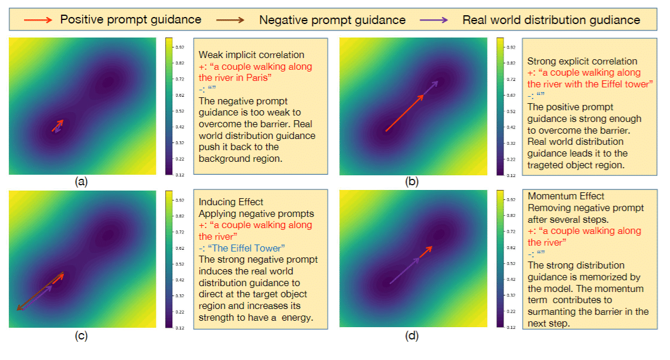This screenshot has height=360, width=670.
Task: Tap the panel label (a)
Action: [x=82, y=182]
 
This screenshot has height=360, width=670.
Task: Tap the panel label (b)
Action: [x=413, y=182]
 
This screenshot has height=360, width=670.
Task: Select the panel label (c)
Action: [x=82, y=335]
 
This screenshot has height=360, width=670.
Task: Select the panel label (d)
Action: [x=413, y=335]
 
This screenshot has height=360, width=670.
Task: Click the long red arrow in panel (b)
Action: [x=404, y=113]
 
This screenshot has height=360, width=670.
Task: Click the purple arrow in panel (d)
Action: [x=404, y=271]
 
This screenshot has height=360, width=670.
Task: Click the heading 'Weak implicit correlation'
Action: [x=251, y=55]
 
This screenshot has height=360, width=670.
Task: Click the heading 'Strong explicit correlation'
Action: [x=582, y=61]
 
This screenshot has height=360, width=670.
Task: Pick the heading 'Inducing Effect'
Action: [x=231, y=202]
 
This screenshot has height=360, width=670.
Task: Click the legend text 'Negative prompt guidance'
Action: [x=332, y=20]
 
